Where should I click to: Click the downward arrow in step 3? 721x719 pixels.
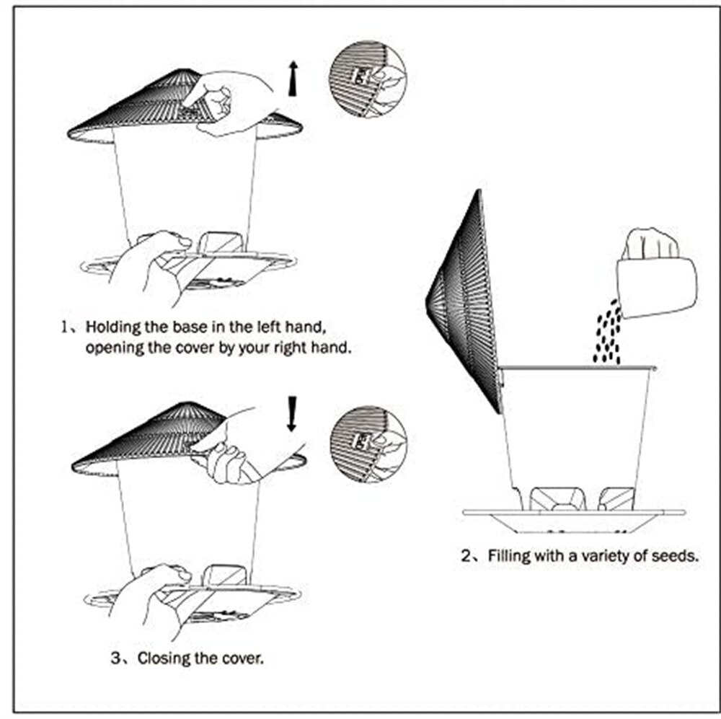(x=291, y=414)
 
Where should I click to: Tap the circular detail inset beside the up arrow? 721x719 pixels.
(x=367, y=78)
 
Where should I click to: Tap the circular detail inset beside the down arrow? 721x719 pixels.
(x=368, y=444)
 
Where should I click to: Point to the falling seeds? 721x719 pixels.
(x=608, y=333)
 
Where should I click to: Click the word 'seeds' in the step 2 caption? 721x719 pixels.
(x=675, y=556)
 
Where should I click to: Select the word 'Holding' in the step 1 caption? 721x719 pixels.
(x=110, y=326)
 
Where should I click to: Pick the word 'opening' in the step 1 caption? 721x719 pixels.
(x=109, y=348)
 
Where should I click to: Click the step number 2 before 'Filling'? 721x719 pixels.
(x=466, y=556)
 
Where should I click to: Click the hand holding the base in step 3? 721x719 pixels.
(x=148, y=599)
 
